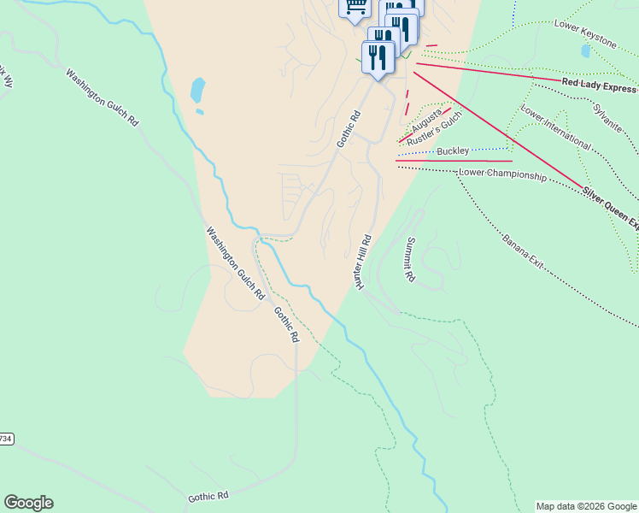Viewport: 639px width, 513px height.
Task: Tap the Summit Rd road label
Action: (410, 260)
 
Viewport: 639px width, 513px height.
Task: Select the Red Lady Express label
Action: (599, 85)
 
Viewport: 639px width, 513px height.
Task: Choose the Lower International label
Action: (555, 127)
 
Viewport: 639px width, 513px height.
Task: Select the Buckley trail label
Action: (452, 151)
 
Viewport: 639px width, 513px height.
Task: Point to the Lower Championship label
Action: (502, 174)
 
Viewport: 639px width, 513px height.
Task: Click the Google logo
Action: (28, 503)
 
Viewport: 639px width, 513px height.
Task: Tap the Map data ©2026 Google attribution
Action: (585, 506)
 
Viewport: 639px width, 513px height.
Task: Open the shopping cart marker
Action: (356, 7)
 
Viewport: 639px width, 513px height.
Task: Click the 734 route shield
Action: (5, 439)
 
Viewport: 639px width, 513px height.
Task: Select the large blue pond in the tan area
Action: (197, 89)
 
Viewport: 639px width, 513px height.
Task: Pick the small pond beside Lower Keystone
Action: (585, 50)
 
